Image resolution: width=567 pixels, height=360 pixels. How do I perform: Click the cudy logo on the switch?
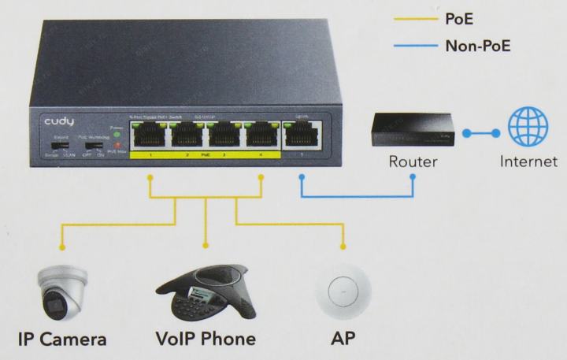(x=58, y=124)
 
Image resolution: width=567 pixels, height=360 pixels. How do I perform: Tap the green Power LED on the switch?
(x=117, y=133)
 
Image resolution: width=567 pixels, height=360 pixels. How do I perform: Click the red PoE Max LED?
(x=117, y=145)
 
